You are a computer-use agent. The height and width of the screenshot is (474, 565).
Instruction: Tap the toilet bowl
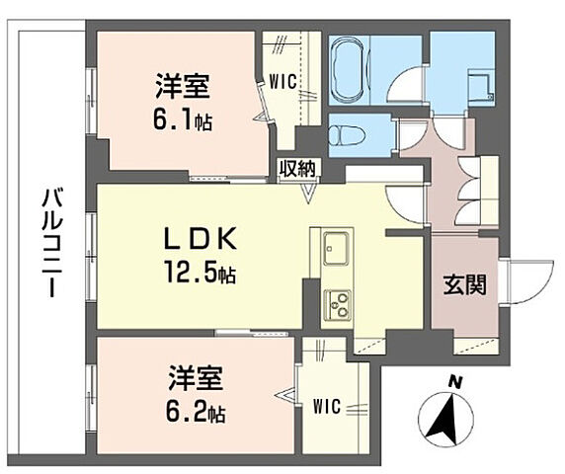point(348,136)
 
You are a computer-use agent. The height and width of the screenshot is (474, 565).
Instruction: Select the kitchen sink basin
point(337,249)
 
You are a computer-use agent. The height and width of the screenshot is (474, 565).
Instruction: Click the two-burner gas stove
point(339,305)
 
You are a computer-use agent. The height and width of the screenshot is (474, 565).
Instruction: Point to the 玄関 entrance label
point(464,284)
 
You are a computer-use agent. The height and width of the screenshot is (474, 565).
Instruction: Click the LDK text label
point(201,238)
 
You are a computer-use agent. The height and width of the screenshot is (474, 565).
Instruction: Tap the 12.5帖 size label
point(200,273)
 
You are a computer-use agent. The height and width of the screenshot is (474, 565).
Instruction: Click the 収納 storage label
point(298,169)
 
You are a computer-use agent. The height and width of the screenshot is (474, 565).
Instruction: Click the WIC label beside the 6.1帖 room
point(282,82)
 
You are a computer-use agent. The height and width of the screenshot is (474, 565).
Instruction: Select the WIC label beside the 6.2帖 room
point(327,407)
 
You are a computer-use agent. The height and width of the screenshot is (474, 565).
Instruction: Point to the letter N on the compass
point(456,383)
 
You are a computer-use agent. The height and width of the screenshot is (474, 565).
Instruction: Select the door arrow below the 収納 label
point(308,194)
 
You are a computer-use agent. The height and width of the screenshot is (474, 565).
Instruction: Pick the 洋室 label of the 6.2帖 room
point(196,379)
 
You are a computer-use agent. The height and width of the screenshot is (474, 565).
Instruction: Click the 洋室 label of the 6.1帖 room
point(183,87)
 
